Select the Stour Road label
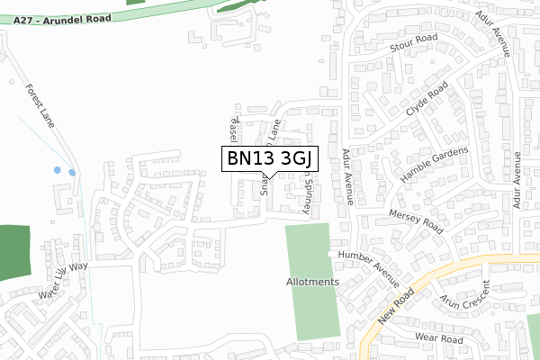pyautogui.click(x=413, y=44)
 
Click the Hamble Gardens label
pyautogui.click(x=435, y=166)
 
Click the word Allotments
pyautogui.click(x=313, y=282)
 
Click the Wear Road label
pyautogui.click(x=438, y=337)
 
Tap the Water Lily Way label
pyautogui.click(x=63, y=280)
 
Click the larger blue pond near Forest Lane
pyautogui.click(x=58, y=169)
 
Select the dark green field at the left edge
pyautogui.click(x=14, y=252)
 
